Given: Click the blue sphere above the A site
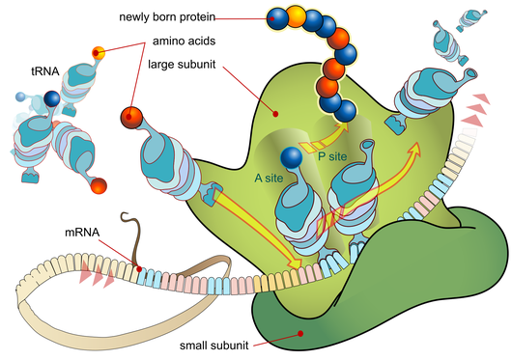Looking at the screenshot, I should [289, 156].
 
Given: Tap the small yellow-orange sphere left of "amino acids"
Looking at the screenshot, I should [97, 52].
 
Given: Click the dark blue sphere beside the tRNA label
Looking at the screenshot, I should [50, 98].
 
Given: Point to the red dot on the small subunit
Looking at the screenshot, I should [301, 334].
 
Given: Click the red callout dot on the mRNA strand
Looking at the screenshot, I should [141, 269].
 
